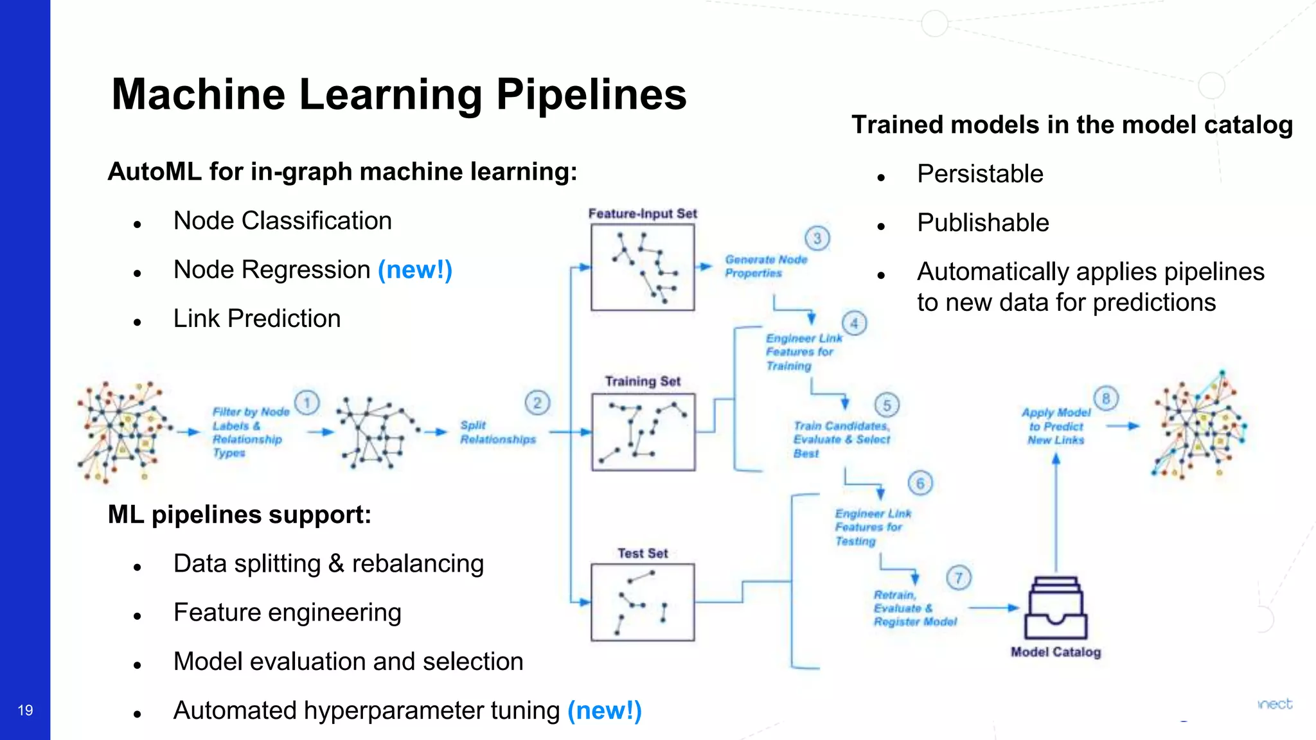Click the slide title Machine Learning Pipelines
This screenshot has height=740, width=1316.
tap(398, 94)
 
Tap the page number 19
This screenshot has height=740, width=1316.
tap(25, 710)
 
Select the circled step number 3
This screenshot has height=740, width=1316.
tap(817, 238)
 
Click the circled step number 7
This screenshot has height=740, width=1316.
tap(958, 577)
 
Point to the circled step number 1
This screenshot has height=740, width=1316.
tap(307, 403)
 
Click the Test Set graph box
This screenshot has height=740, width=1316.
tap(643, 602)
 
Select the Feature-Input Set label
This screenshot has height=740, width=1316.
tap(643, 213)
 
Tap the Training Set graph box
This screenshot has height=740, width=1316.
tap(643, 432)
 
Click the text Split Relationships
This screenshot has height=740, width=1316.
tap(497, 432)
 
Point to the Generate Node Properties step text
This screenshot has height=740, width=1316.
tap(765, 266)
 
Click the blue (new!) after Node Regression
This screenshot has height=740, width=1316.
tap(415, 270)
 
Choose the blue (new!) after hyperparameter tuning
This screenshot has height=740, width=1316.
tap(604, 710)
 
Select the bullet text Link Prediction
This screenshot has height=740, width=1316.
tap(257, 319)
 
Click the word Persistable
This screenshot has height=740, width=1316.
tap(980, 174)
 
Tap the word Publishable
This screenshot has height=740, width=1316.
tap(983, 223)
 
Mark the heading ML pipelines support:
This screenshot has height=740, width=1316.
tap(239, 515)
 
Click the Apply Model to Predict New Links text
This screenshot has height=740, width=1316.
tap(1056, 426)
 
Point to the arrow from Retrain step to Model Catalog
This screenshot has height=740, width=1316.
tap(993, 607)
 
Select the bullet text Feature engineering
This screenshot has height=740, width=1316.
tap(287, 613)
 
